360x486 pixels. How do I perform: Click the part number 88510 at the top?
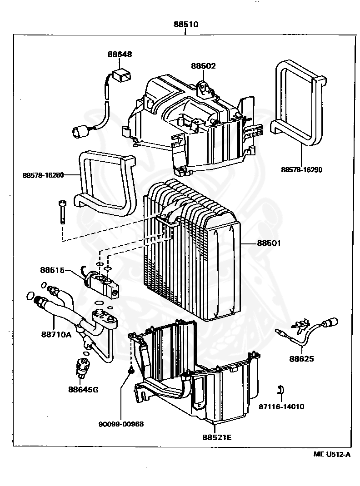coord(185,25)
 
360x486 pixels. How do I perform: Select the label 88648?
coord(120,54)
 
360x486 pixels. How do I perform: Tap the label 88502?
coord(203,66)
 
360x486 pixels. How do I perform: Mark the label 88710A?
coord(56,334)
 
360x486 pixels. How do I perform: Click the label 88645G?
coord(84,389)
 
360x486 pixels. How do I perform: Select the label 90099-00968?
coord(121,424)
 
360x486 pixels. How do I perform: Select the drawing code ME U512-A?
coord(332,454)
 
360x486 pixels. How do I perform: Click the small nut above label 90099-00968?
coord(130,372)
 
